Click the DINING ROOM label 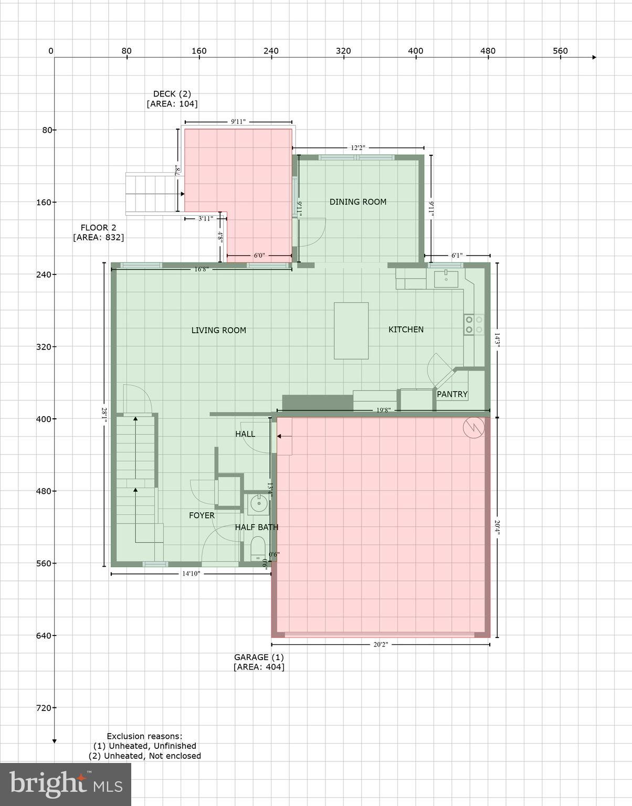357,202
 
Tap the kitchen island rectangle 351,331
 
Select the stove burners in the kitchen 473,324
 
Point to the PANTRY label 452,395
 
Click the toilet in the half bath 258,547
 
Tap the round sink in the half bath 258,504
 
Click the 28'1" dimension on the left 104,415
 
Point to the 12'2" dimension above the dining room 357,148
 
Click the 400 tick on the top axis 415,51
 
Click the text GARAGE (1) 259,657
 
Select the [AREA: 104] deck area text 172,104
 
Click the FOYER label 202,516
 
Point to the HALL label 245,434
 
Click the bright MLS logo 66,784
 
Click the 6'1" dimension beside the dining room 457,256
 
